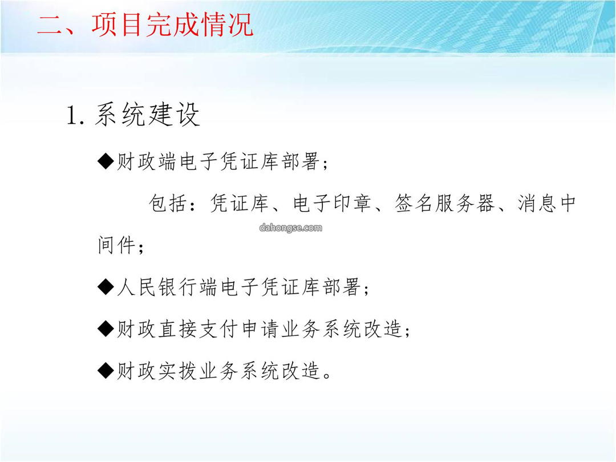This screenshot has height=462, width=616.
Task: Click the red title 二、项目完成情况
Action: click(x=145, y=25)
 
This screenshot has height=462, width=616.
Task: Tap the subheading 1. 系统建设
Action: click(x=133, y=115)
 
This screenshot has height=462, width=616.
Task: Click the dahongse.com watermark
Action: click(x=291, y=228)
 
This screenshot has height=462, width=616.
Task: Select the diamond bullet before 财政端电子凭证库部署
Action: click(x=106, y=161)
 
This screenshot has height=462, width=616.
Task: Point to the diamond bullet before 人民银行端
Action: click(x=106, y=287)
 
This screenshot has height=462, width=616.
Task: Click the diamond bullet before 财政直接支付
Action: click(x=106, y=329)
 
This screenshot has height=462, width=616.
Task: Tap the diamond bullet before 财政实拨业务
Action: click(x=106, y=371)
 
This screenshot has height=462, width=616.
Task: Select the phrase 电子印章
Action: click(x=332, y=204)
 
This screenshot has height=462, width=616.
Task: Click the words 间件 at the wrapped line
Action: click(x=117, y=245)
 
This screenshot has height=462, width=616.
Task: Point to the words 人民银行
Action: click(x=157, y=287)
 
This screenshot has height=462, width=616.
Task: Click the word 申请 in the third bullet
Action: click(x=260, y=329)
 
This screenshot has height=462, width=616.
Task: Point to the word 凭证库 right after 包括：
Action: click(x=239, y=204)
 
